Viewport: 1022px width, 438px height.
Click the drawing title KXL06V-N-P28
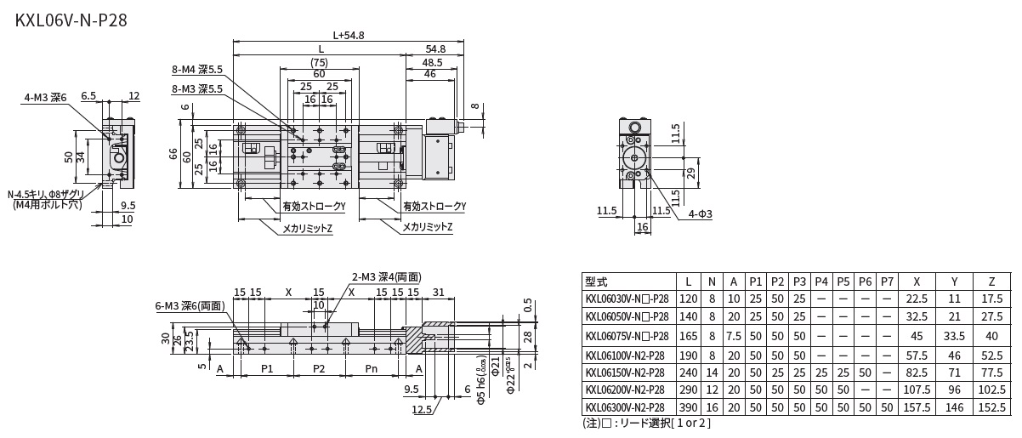coord(71,20)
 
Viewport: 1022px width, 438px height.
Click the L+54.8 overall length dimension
coord(349,36)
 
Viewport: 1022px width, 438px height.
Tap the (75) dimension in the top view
coord(319,63)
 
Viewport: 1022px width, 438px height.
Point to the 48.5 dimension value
coord(432,63)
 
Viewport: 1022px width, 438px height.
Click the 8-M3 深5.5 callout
coord(197,88)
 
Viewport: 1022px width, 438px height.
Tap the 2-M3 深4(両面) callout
coord(386,277)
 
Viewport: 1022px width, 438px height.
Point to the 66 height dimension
coord(173,154)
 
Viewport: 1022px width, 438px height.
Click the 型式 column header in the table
coord(597,282)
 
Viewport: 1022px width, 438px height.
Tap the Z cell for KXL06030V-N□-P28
coord(991,299)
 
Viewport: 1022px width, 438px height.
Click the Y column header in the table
coord(953,282)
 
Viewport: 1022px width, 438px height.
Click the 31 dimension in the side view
coord(439,293)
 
